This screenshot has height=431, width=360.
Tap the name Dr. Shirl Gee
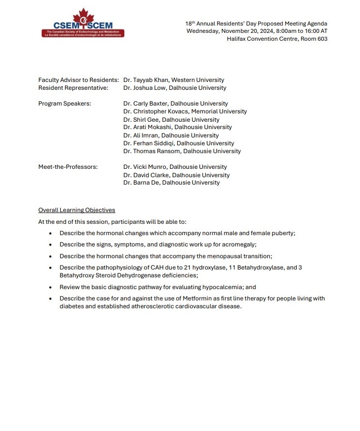point(139,120)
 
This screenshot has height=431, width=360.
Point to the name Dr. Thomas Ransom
point(150,151)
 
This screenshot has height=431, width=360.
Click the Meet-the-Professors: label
point(68,167)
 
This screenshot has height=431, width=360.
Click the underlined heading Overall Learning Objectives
point(77,210)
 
